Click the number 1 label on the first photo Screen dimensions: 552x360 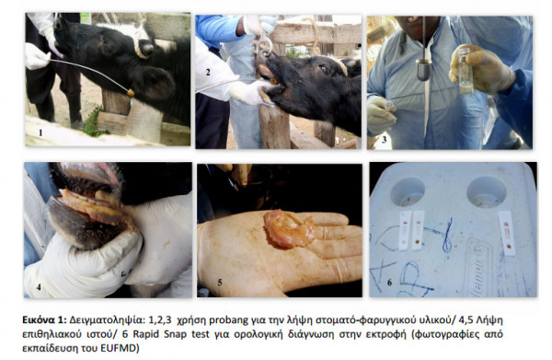coord(40,133)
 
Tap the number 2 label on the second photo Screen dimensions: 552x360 coord(208,72)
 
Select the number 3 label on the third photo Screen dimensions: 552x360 coord(384,140)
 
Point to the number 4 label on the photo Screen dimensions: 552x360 coord(39,287)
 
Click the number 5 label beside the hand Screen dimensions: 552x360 coord(220,282)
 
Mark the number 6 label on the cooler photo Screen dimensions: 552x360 coord(389,282)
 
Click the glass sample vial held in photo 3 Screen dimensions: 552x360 coord(466,71)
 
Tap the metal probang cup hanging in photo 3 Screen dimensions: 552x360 coord(423,69)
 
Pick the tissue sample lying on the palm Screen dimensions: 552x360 coord(289,228)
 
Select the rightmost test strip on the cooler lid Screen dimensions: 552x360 coord(507,233)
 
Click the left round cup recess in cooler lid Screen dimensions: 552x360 coord(408,191)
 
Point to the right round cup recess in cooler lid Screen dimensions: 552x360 coord(486,192)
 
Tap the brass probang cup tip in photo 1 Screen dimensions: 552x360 coord(131,93)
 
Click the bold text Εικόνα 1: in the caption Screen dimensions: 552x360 coord(44,319)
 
